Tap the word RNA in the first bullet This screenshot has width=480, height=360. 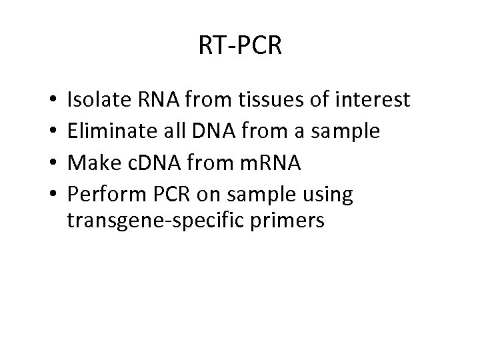pos(155,100)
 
